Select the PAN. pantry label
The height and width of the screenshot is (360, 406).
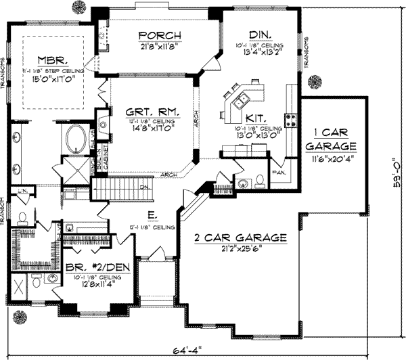(x=277, y=172)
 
